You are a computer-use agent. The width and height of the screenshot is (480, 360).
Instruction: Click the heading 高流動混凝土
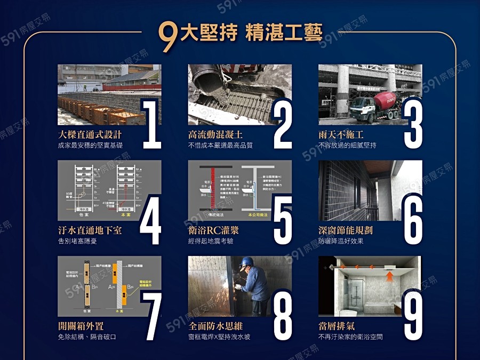[x=215, y=134]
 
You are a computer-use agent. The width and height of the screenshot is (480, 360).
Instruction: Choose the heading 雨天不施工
[x=341, y=134]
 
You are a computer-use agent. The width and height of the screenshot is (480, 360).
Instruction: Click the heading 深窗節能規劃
[x=346, y=230]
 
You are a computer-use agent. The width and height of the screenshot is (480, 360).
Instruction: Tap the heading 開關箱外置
[x=81, y=326]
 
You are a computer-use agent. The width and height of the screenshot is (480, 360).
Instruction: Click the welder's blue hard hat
[x=246, y=261]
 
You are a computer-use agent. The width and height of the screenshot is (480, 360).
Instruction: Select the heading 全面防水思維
[x=215, y=326]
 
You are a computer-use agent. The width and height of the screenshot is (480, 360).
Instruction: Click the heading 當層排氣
[x=336, y=326]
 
